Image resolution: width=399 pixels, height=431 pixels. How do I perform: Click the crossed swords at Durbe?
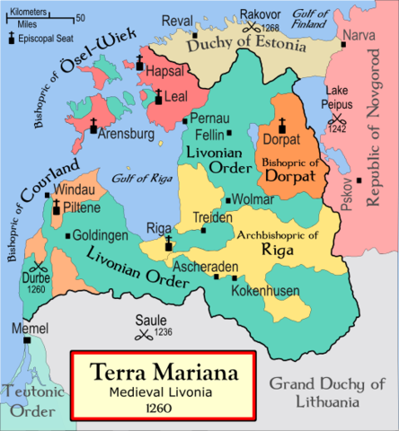38,268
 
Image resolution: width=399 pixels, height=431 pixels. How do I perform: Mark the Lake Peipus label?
337,96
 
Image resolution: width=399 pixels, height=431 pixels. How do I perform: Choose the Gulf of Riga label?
137,178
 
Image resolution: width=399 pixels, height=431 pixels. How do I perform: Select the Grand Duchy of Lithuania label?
329,392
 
